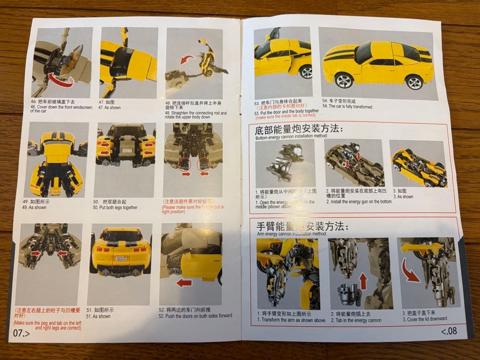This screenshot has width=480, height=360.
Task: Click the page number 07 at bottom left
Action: pyautogui.click(x=21, y=333)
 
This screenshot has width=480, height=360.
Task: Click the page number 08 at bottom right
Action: pyautogui.click(x=448, y=331)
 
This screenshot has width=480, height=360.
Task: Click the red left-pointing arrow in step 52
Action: pyautogui.click(x=184, y=283)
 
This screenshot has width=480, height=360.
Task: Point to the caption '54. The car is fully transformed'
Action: pyautogui.click(x=347, y=107)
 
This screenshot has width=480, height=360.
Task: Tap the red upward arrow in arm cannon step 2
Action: pyautogui.click(x=363, y=281)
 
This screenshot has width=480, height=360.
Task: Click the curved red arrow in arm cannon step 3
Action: pyautogui.click(x=411, y=272)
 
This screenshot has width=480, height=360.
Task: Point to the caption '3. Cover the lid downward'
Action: pyautogui.click(x=424, y=319)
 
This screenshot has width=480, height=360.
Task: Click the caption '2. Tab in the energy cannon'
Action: pyautogui.click(x=356, y=320)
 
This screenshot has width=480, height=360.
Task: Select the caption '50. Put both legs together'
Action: pyautogui.click(x=115, y=208)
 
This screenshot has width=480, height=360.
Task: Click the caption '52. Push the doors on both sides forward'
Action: pyautogui.click(x=195, y=316)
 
